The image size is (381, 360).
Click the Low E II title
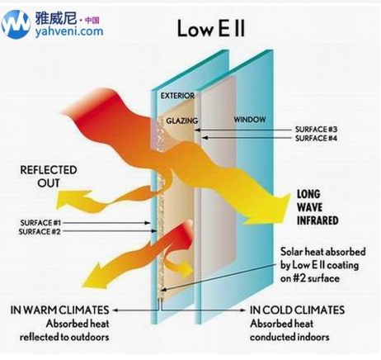tap(211, 28)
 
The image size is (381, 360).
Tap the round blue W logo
tap(16, 25)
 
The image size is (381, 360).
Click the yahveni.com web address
tap(69, 31)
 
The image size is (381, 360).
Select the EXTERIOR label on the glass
tap(177, 96)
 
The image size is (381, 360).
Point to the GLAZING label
tap(182, 121)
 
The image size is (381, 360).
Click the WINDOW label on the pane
tap(250, 120)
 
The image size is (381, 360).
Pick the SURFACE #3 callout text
tap(316, 129)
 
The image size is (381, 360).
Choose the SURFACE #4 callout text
tap(316, 138)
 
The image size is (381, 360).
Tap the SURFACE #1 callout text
tap(40, 222)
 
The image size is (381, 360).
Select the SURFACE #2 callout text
tap(40, 231)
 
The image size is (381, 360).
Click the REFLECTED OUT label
tap(49, 177)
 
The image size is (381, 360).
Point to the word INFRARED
tap(317, 220)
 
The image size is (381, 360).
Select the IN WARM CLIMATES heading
tap(59, 310)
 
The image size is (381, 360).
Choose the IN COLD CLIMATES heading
tap(297, 310)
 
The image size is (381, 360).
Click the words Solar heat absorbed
tap(323, 252)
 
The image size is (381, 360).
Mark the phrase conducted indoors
tap(289, 337)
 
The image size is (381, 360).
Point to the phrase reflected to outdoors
tap(64, 337)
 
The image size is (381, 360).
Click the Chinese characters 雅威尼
tap(56, 18)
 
